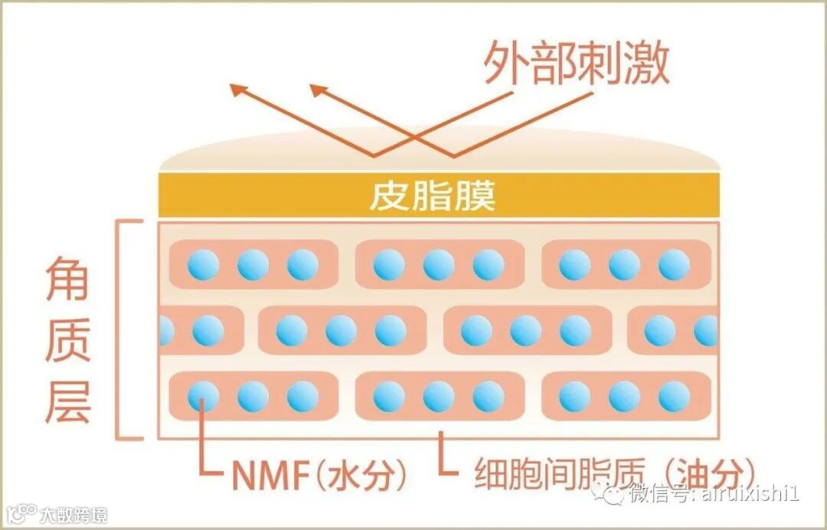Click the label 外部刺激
[577, 63]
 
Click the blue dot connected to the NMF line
[203, 396]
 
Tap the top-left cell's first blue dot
[203, 265]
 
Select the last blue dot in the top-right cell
[674, 265]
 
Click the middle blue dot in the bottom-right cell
[624, 396]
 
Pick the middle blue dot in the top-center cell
[438, 265]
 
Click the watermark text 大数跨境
[74, 514]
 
